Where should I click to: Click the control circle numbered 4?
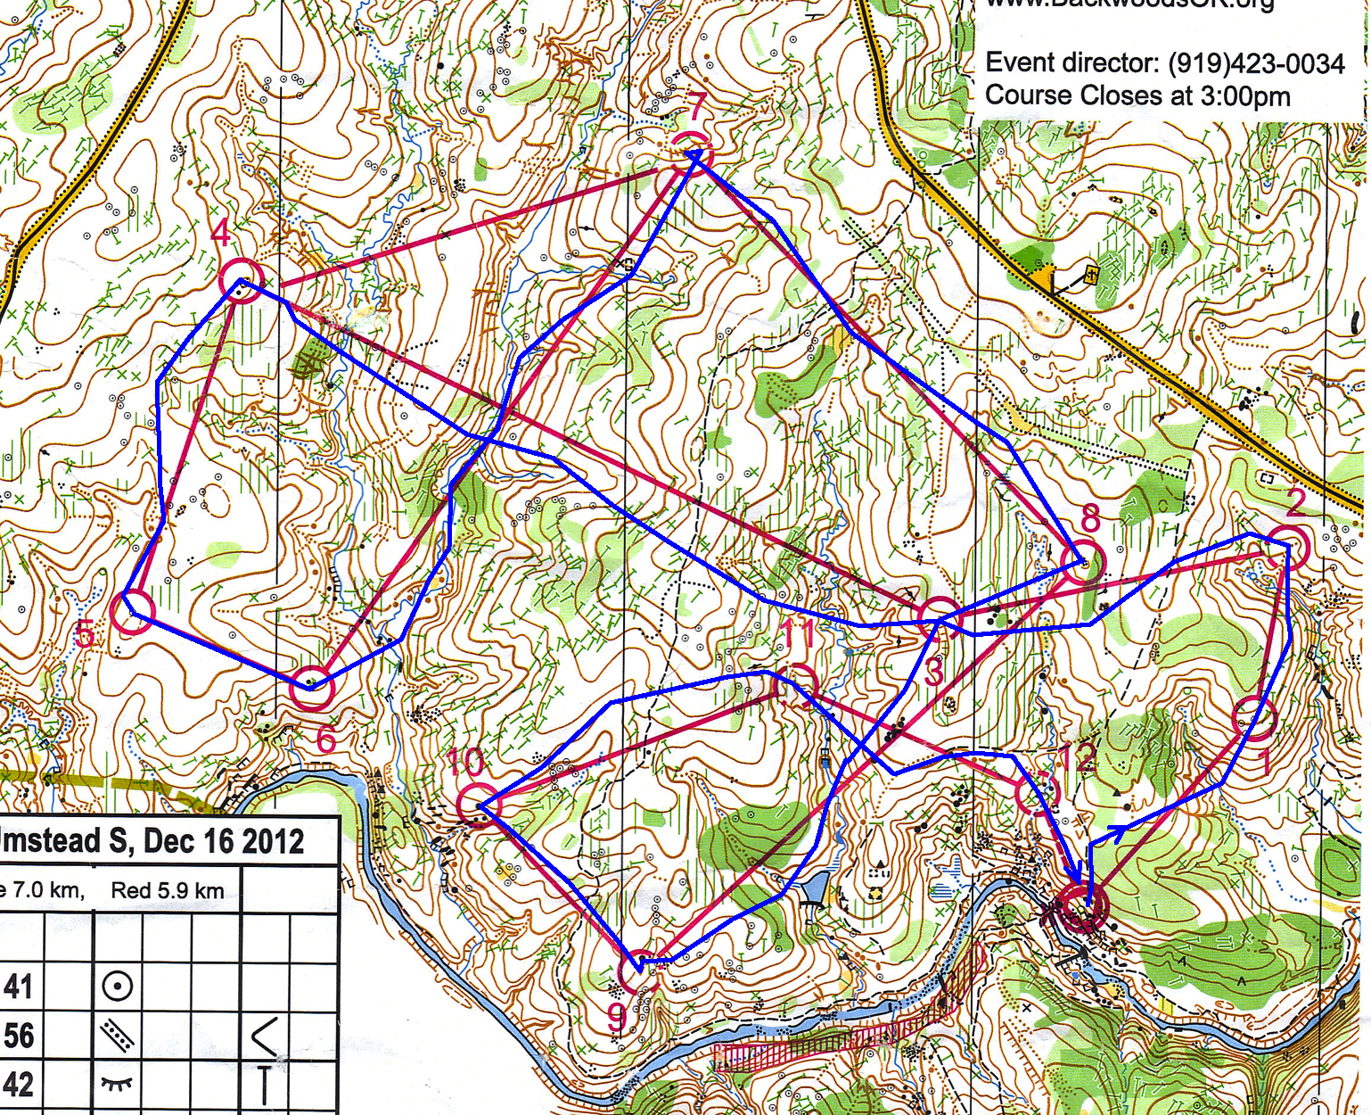click(x=241, y=280)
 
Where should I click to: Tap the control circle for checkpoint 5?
click(x=133, y=613)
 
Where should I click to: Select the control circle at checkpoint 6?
click(x=312, y=688)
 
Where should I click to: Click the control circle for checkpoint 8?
click(x=1083, y=563)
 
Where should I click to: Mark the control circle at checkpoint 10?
click(x=479, y=805)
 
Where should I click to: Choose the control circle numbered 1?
click(x=1254, y=719)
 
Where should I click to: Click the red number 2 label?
click(x=1295, y=503)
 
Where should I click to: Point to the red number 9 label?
click(x=616, y=1016)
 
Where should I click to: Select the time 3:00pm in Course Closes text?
click(x=1245, y=95)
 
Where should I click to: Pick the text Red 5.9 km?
click(x=168, y=890)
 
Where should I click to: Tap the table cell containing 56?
click(x=20, y=1036)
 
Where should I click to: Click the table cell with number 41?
click(x=20, y=987)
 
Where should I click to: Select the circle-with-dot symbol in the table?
click(x=118, y=987)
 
